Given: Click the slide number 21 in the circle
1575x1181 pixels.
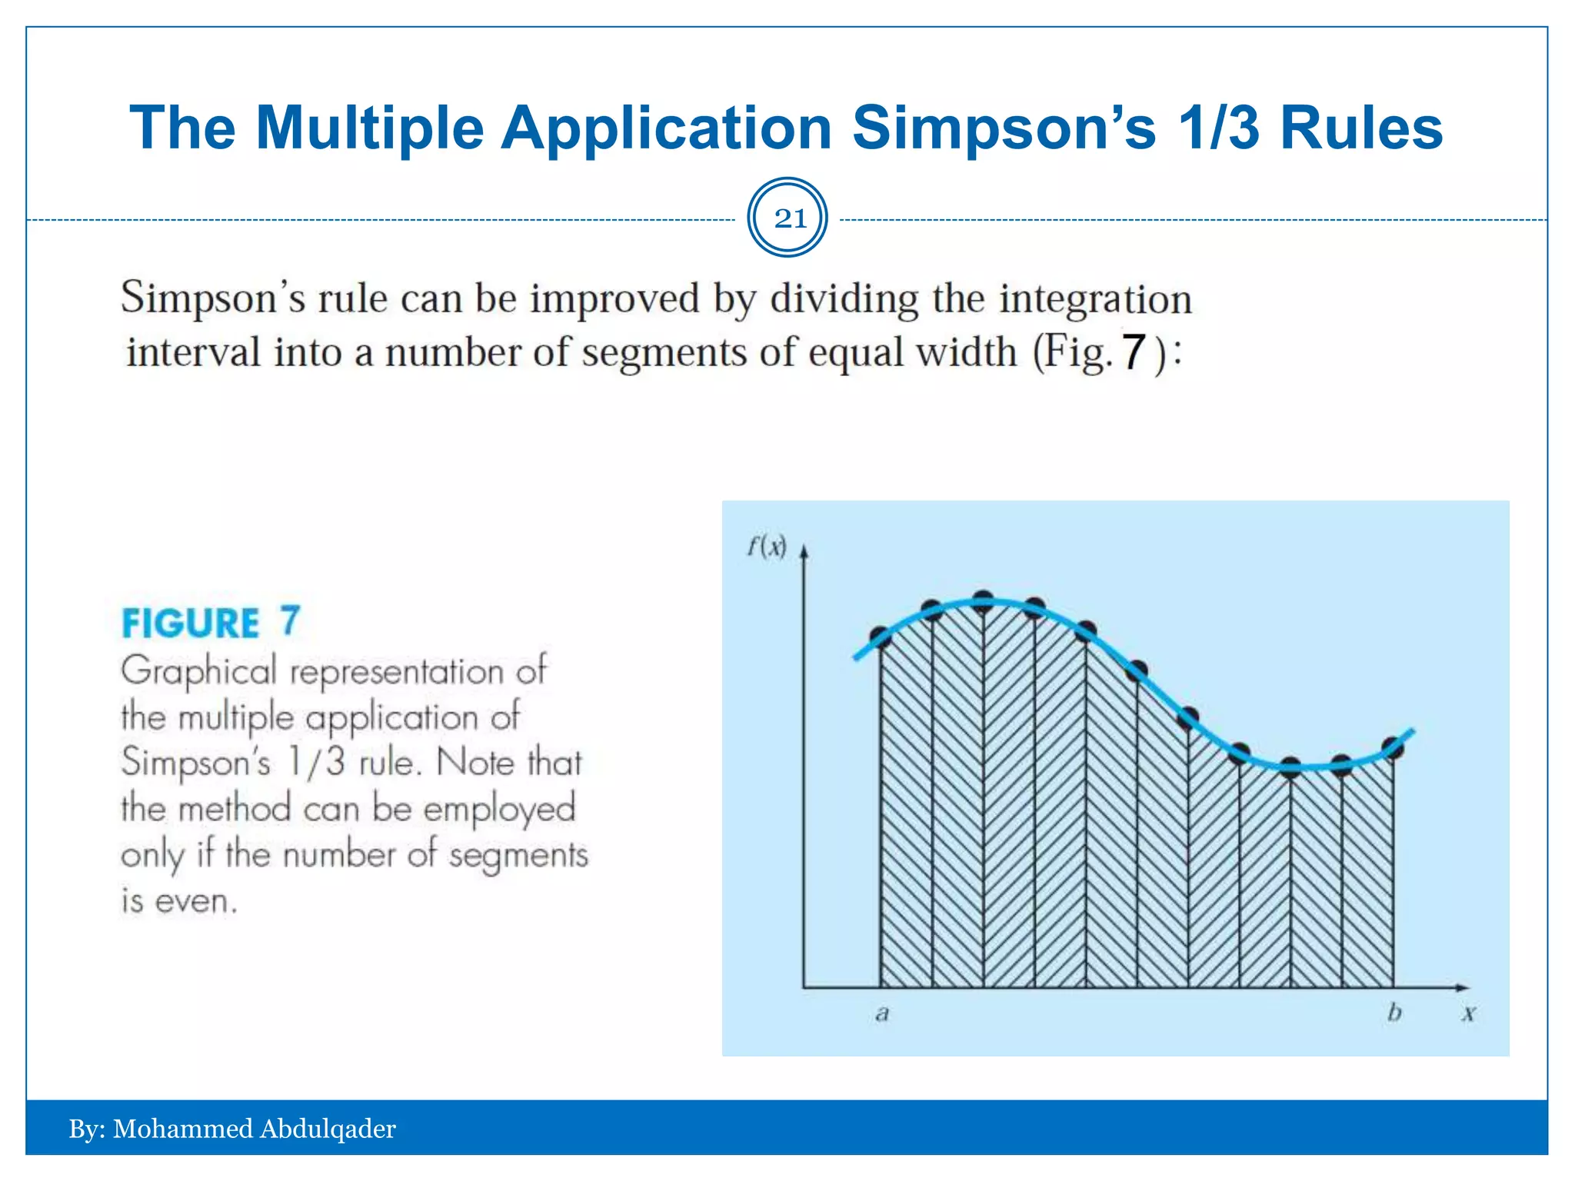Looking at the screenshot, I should point(789,219).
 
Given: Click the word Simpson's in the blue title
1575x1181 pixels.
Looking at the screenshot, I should point(1004,128).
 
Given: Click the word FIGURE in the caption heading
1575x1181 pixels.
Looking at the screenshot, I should point(191,623).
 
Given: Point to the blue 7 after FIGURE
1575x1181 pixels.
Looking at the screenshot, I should point(289,620).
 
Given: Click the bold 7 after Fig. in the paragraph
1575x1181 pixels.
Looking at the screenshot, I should point(1134,353).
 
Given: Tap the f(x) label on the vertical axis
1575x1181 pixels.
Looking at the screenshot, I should point(767,547).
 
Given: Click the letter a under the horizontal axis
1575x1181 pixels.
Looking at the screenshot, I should point(882,1014).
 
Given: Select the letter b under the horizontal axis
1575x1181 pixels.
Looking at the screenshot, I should point(1394,1013).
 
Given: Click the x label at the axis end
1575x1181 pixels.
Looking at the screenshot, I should point(1469,1014).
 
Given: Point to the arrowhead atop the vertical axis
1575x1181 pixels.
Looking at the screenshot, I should point(804,551).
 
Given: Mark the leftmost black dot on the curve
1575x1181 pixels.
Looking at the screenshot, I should point(881,637).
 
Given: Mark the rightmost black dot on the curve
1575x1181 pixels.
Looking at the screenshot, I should point(1393,747).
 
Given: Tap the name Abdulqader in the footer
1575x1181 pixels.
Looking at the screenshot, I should point(328,1129).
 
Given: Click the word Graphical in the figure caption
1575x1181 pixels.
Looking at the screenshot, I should point(198,671).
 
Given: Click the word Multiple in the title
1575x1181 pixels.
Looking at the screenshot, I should point(369,128).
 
